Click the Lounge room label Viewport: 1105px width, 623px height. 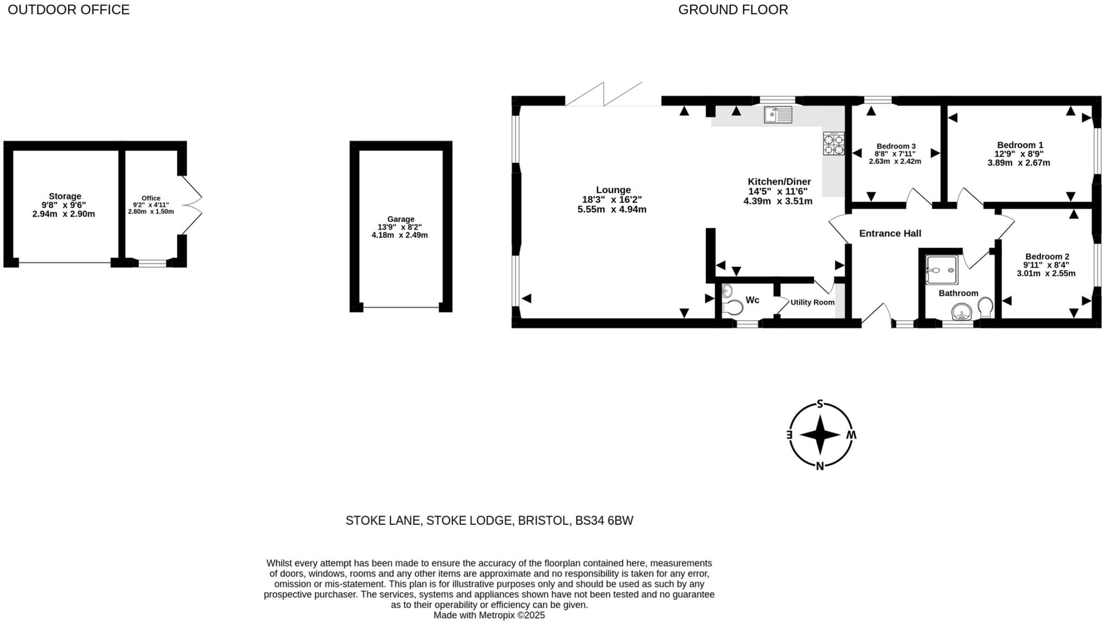coord(613,190)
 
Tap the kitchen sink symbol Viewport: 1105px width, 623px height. coord(777,114)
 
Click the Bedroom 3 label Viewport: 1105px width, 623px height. coord(896,146)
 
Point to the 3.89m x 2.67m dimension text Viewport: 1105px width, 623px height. coord(1019,162)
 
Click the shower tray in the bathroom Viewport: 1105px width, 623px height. coord(941,270)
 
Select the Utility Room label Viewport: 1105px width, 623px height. coord(812,302)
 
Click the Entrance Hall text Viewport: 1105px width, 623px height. coord(890,233)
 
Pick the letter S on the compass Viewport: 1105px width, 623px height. coord(820,404)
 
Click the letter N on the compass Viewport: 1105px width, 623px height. coord(820,466)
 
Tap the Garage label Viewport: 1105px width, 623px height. coord(400,219)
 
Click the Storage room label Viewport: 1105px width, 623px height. coord(65,196)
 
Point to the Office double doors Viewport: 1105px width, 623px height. coord(192,205)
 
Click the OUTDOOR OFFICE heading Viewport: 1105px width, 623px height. coord(69,10)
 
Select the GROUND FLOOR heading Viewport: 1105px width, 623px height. coord(733,10)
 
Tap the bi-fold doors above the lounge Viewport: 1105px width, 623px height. coord(604,94)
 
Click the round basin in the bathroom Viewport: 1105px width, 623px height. coord(961,312)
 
